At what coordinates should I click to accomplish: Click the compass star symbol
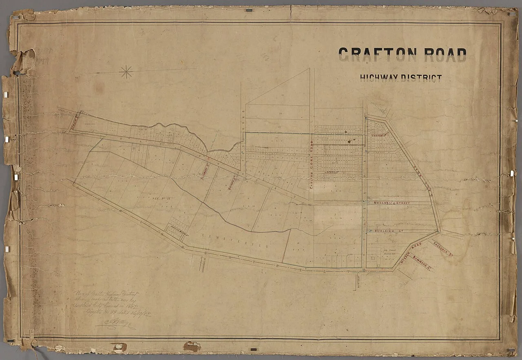[x=126, y=72]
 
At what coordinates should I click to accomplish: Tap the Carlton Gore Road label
[x=311, y=165]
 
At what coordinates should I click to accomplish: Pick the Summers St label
[x=422, y=262]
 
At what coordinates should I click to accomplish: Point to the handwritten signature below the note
[x=115, y=325]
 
